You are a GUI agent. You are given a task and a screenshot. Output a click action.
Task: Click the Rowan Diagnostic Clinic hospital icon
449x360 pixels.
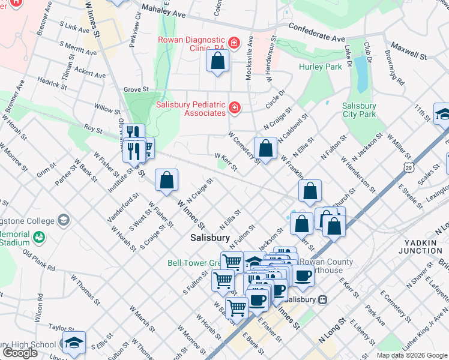pos(234,43)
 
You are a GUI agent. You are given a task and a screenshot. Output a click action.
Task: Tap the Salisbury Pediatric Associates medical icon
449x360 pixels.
pos(235,108)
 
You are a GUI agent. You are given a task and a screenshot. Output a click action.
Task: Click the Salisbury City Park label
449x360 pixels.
pos(359,110)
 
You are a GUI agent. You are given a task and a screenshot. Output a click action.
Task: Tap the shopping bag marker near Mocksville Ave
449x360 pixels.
pos(217,61)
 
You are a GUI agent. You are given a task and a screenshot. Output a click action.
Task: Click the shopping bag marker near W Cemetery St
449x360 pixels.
pos(265,148)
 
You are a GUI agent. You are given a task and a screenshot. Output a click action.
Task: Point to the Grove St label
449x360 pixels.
pos(136,89)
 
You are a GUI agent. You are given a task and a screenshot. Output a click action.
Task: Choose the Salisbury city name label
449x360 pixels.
pos(209,238)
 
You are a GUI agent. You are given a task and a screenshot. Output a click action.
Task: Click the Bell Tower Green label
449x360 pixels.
pos(194,263)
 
